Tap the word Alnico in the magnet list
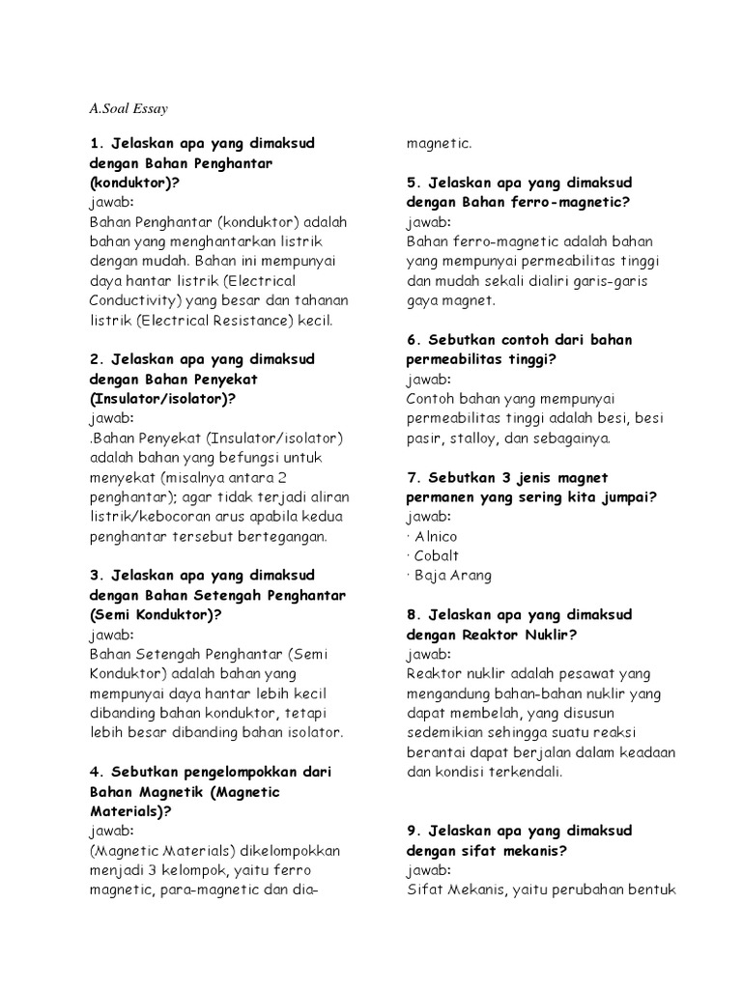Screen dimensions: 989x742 tap(436, 536)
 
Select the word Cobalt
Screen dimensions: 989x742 tap(437, 555)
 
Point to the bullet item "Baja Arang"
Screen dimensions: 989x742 tap(453, 576)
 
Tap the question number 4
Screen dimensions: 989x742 tap(94, 773)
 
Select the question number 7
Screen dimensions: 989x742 tap(412, 477)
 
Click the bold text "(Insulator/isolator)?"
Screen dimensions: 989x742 tap(162, 399)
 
